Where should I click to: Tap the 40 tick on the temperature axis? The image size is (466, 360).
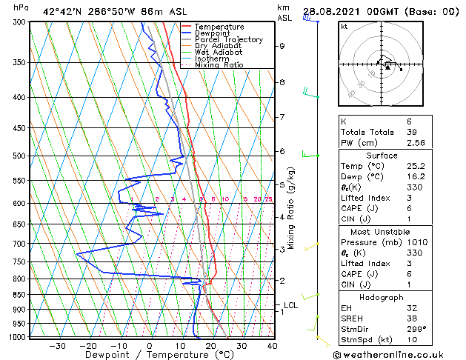tap(272, 346)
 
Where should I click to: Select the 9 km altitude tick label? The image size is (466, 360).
tap(282, 46)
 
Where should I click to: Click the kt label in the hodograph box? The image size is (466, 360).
tap(344, 26)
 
